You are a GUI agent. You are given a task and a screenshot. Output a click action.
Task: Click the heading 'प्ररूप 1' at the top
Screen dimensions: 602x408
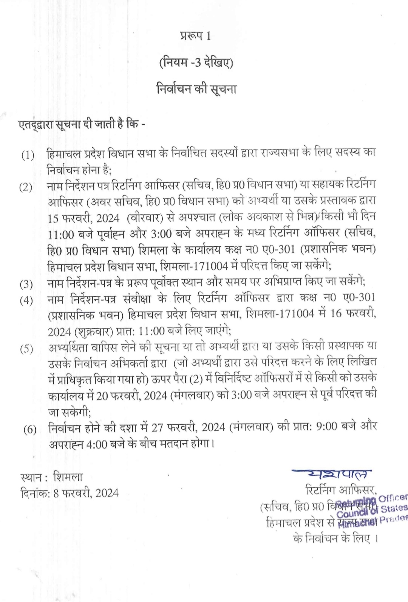(x=195, y=36)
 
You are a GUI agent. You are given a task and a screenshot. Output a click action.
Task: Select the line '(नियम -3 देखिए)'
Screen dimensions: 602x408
(x=196, y=62)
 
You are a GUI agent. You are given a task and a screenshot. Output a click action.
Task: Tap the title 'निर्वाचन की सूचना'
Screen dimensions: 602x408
(x=196, y=89)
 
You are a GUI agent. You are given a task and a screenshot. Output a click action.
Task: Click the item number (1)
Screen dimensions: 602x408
(x=28, y=155)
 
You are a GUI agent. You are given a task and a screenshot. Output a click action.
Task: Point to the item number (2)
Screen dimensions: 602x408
(x=26, y=187)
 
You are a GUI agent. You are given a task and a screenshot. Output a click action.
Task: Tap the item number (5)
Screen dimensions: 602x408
(x=26, y=349)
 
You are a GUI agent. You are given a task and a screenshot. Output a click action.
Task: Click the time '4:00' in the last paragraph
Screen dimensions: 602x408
(x=97, y=444)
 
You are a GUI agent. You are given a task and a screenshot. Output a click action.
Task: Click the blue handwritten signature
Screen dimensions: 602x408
(x=332, y=473)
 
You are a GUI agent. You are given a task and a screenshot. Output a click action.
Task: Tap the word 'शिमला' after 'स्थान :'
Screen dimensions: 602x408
(x=68, y=477)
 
